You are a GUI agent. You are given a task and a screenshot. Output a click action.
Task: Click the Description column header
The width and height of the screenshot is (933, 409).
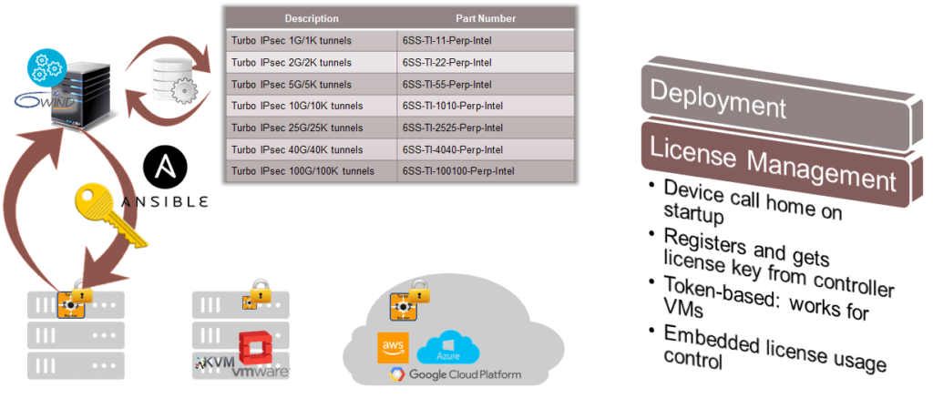tap(311, 18)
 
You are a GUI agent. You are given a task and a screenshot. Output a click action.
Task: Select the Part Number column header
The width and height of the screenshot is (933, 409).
tap(485, 18)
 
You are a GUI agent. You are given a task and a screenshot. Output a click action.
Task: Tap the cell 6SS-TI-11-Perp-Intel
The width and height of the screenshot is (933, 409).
tap(446, 41)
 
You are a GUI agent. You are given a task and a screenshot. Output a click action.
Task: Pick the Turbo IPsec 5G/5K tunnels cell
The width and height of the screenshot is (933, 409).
tap(292, 85)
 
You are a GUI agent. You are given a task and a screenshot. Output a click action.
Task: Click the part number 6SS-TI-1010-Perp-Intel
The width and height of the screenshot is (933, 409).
tap(452, 106)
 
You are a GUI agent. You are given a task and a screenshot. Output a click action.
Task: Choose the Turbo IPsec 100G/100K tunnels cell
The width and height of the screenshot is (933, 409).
tap(302, 170)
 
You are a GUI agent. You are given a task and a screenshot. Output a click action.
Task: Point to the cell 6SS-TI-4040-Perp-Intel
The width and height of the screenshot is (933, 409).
tap(452, 148)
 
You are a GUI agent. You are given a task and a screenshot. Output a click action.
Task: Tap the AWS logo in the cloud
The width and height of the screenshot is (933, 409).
tap(393, 347)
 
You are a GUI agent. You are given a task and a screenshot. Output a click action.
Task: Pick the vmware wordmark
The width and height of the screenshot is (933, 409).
tap(261, 372)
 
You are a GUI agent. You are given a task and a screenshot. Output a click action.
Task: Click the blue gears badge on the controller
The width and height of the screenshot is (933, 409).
tap(46, 66)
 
